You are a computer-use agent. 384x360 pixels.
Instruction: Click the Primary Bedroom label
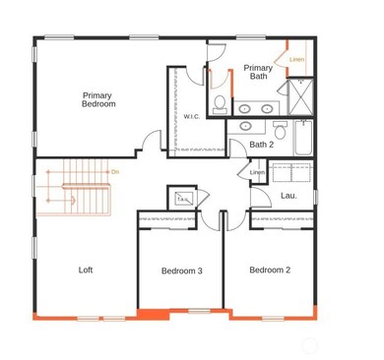tap(98, 98)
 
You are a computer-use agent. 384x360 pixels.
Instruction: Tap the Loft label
tap(86, 269)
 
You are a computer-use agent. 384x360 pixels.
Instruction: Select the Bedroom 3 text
tap(182, 270)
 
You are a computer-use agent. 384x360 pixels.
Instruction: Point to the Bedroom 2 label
tap(270, 270)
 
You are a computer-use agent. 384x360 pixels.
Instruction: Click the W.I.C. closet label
tap(192, 116)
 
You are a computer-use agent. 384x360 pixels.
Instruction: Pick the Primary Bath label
tap(258, 71)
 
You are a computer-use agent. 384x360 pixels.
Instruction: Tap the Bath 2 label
tap(261, 145)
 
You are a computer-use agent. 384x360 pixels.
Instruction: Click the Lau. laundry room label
tap(288, 195)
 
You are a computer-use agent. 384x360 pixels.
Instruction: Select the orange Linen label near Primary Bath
tap(296, 59)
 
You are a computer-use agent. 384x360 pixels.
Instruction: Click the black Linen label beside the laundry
tap(257, 173)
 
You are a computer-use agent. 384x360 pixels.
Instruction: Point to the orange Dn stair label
tap(114, 172)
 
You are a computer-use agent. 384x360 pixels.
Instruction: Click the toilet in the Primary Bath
tap(221, 102)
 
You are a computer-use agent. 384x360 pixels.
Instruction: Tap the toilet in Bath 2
tap(280, 128)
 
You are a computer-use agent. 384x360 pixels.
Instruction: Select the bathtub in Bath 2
tap(301, 138)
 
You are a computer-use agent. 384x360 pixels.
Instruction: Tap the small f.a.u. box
tap(182, 198)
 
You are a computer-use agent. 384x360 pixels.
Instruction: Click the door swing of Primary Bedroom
tap(148, 141)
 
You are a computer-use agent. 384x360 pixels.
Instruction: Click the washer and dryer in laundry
tap(291, 172)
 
